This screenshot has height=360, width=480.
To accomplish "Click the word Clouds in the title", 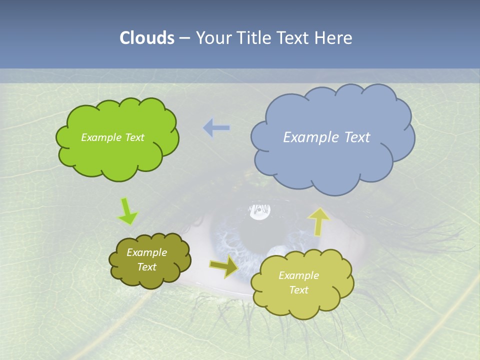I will pyautogui.click(x=147, y=38).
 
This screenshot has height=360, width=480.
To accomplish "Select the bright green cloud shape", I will pyautogui.click(x=117, y=150).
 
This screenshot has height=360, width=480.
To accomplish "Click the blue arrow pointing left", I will pyautogui.click(x=216, y=128).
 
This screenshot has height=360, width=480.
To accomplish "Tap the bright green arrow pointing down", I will pyautogui.click(x=127, y=211).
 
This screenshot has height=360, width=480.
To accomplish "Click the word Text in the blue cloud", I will pyautogui.click(x=357, y=137).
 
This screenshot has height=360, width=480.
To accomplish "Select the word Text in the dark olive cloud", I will pyautogui.click(x=147, y=267).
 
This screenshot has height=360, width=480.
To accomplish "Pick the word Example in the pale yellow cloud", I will pyautogui.click(x=298, y=275).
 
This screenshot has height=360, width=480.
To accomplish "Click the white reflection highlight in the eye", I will pyautogui.click(x=259, y=212).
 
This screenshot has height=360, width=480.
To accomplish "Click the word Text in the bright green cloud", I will pyautogui.click(x=135, y=137).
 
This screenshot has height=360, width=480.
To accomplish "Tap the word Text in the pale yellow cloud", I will pyautogui.click(x=298, y=290).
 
